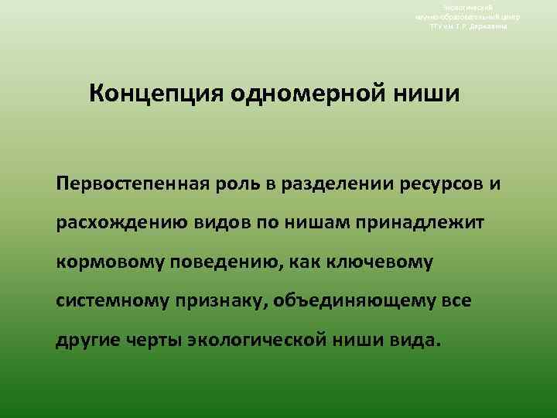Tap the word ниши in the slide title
[x=429, y=95]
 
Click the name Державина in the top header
[x=491, y=26]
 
